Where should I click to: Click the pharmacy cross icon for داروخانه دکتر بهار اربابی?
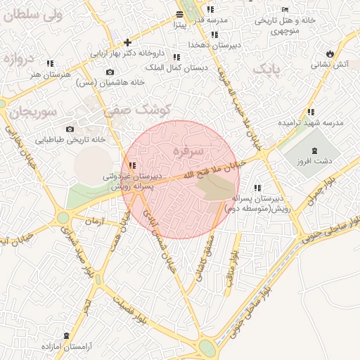(127, 42)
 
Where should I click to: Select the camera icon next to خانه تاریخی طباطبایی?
(70, 129)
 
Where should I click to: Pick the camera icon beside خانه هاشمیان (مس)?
(110, 72)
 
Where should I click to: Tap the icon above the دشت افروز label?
(313, 150)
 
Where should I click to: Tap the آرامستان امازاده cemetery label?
(67, 347)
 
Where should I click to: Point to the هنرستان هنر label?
(49, 73)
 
